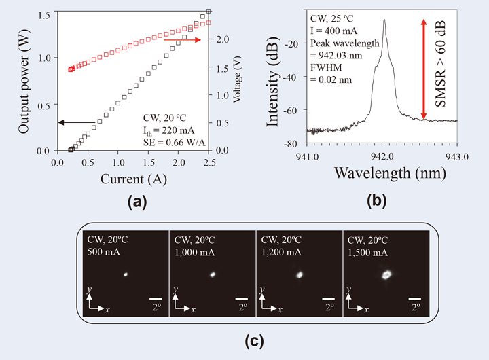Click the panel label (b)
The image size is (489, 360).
(x=378, y=201)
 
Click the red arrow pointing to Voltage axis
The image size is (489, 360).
(x=183, y=40)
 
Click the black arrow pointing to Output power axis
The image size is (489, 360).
(x=75, y=122)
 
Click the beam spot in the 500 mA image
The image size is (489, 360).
(x=126, y=275)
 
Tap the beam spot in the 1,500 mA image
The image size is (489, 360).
(x=387, y=274)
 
